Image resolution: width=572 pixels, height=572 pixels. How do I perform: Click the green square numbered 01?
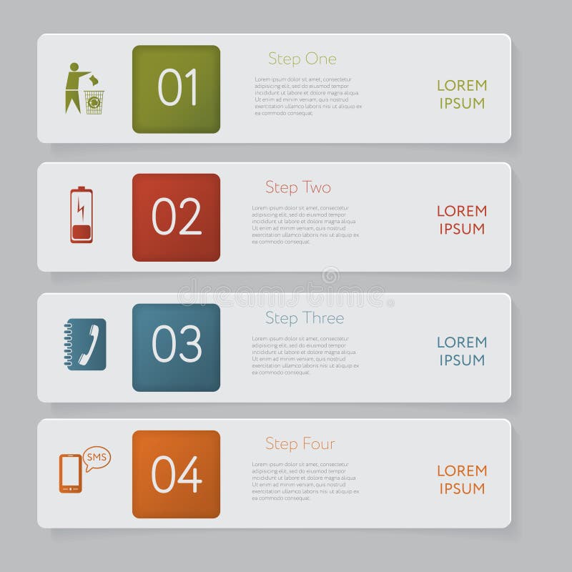click(x=176, y=89)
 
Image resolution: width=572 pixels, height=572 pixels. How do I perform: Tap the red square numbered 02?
click(x=176, y=217)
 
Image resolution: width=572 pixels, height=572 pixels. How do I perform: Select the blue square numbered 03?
click(x=176, y=347)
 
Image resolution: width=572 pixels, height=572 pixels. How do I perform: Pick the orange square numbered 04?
click(x=176, y=474)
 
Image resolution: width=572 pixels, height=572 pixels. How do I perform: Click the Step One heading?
click(x=302, y=59)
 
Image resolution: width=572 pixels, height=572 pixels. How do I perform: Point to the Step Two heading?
click(x=298, y=187)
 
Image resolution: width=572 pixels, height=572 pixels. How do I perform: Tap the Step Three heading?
click(x=305, y=318)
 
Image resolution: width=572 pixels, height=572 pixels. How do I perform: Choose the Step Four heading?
click(x=300, y=444)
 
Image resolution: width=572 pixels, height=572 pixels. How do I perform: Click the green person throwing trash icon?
click(x=75, y=87)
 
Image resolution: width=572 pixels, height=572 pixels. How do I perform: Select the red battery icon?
click(x=82, y=214)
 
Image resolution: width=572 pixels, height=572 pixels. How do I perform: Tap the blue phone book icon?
click(x=86, y=344)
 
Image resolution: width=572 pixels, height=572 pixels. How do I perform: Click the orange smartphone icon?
click(x=70, y=473)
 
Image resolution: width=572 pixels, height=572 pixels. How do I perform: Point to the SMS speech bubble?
click(x=97, y=458)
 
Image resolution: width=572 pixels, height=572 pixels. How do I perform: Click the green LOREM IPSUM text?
click(x=461, y=94)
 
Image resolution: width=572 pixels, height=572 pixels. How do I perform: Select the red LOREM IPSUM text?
click(x=461, y=220)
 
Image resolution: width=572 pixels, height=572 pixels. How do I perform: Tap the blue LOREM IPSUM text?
click(x=461, y=351)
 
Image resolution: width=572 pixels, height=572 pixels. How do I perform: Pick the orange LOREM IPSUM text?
click(x=461, y=480)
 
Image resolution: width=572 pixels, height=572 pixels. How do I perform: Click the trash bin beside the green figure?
click(x=94, y=102)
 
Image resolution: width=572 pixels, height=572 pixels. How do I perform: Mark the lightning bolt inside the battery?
click(x=82, y=209)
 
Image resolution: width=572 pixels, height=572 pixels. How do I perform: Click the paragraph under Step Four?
click(x=305, y=481)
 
